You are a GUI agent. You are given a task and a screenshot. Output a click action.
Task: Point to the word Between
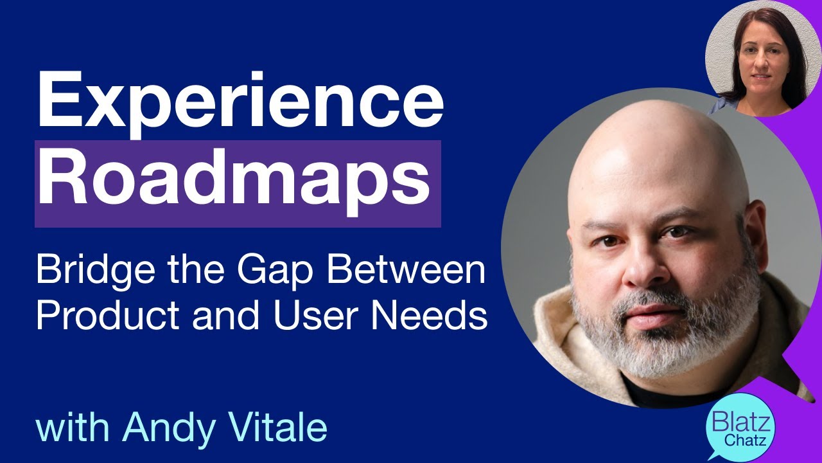click(x=406, y=271)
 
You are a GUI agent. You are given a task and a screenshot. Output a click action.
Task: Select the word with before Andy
click(x=74, y=427)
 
